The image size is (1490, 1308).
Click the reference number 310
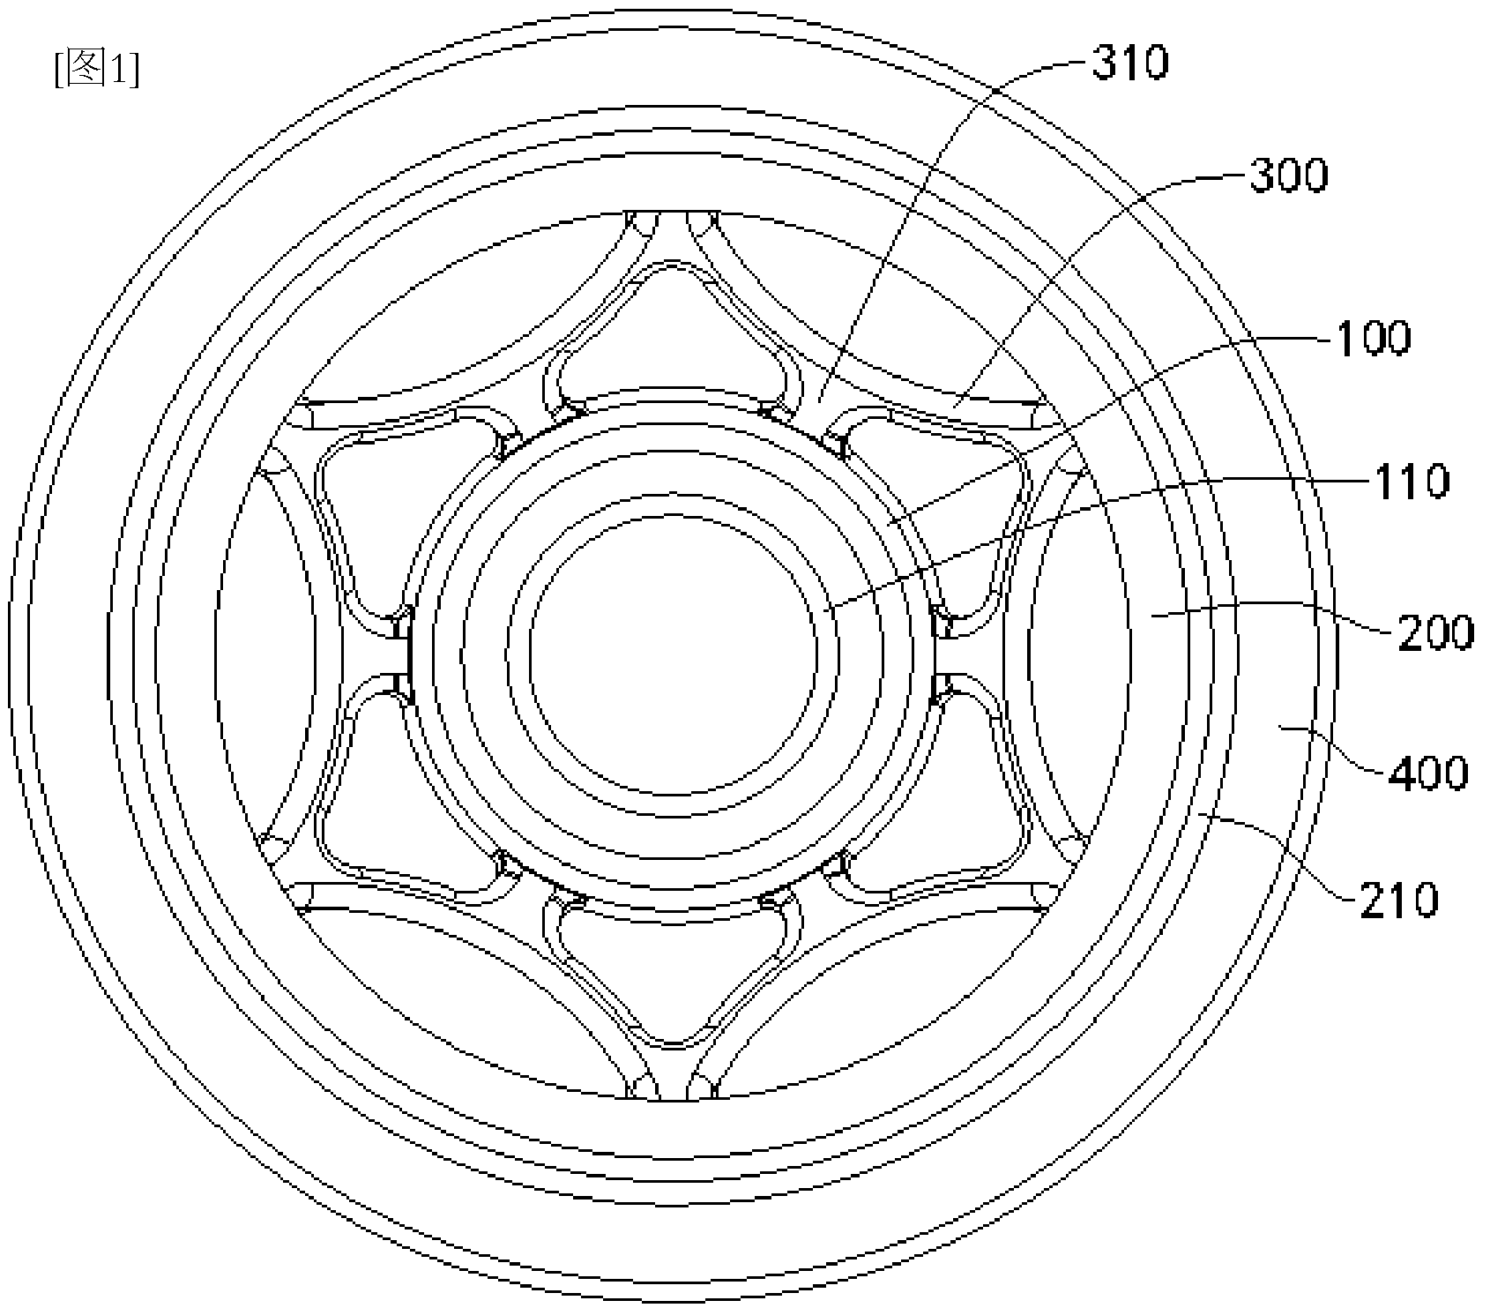1131,64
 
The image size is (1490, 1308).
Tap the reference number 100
1374,338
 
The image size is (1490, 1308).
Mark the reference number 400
1428,774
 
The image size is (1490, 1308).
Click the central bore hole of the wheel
674,647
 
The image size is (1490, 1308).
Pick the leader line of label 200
1271,610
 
